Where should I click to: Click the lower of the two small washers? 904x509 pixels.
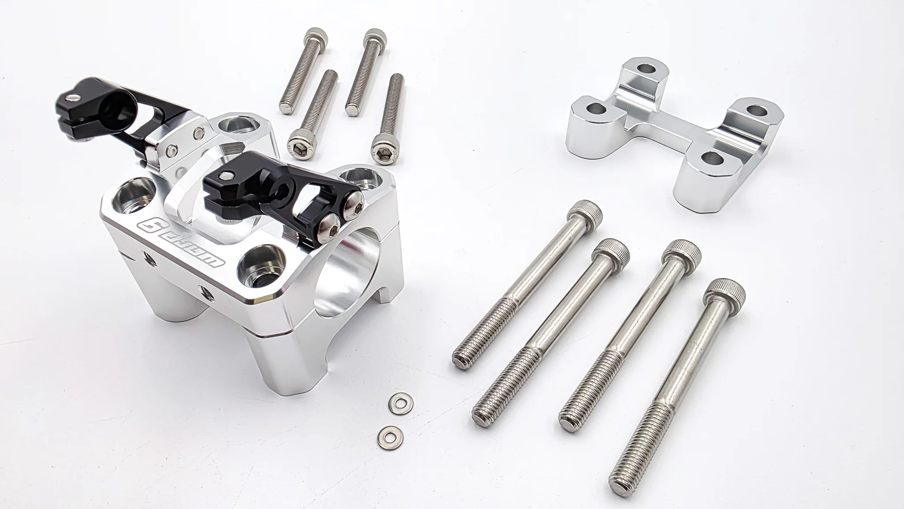coord(388,436)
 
